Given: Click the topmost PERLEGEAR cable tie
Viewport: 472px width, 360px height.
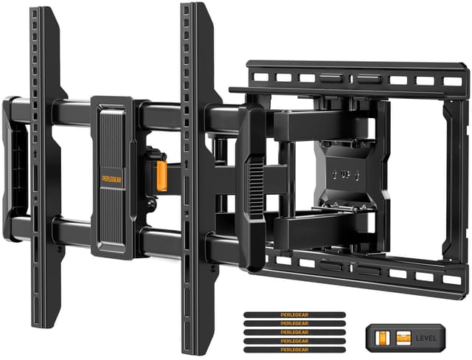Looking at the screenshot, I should point(294,314).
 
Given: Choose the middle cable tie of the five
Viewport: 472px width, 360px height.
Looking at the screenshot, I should point(294,332).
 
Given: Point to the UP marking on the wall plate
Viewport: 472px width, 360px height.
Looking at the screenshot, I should point(347,175).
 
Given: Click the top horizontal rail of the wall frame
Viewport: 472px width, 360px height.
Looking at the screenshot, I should point(354,78).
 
